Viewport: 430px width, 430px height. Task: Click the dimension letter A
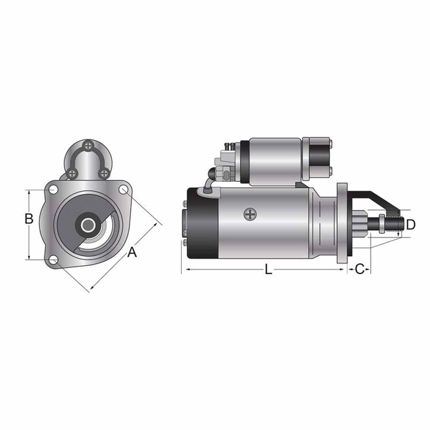pyautogui.click(x=132, y=252)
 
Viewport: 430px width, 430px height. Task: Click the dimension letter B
pyautogui.click(x=28, y=219)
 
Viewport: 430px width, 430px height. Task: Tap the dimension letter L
pyautogui.click(x=268, y=269)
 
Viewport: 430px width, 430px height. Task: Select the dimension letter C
pyautogui.click(x=361, y=269)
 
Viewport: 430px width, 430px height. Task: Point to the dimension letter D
pyautogui.click(x=411, y=223)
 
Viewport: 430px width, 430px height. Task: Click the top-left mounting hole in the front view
pyautogui.click(x=53, y=189)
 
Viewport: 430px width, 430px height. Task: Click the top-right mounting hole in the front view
pyautogui.click(x=123, y=190)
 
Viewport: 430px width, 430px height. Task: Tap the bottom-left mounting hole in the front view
pyautogui.click(x=53, y=260)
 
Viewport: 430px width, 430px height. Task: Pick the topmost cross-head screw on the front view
pyautogui.click(x=88, y=146)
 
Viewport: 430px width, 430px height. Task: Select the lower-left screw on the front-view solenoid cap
pyautogui.click(x=72, y=173)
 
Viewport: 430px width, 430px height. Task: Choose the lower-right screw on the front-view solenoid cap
pyautogui.click(x=104, y=173)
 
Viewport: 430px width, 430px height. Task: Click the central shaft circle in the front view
pyautogui.click(x=88, y=225)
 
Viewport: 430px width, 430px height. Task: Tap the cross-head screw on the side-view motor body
pyautogui.click(x=249, y=214)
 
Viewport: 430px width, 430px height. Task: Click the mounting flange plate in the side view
pyautogui.click(x=342, y=220)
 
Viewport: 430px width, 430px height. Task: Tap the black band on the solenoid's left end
pyautogui.click(x=245, y=162)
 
